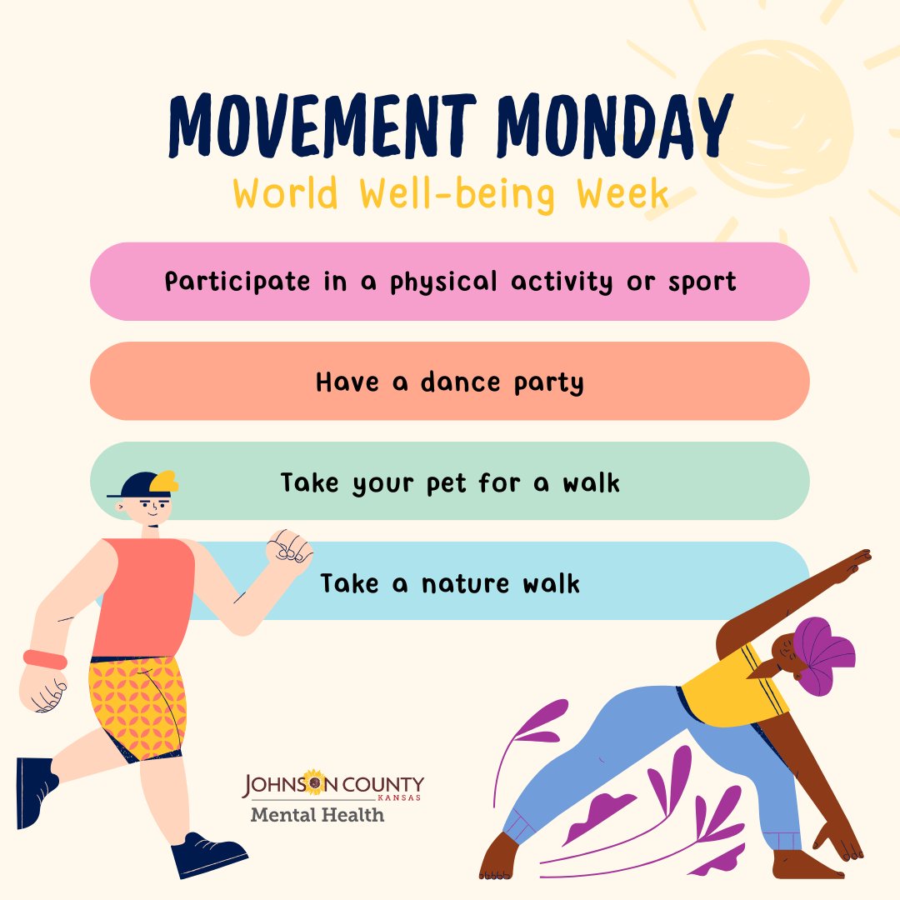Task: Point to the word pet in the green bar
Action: coord(447,482)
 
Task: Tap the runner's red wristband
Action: coord(45,659)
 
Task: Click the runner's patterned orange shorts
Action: coord(139,704)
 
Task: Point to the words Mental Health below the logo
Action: coord(317,814)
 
